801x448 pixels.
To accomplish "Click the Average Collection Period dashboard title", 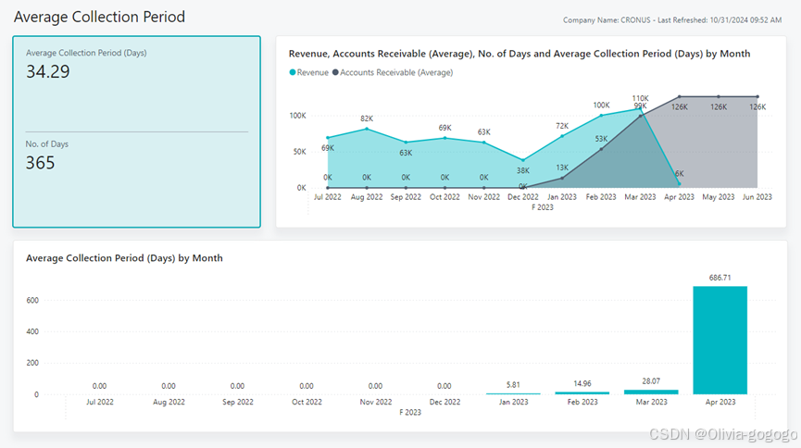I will coord(99,17).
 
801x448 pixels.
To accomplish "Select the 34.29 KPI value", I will coord(48,71).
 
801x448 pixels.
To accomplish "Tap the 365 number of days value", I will coord(41,163).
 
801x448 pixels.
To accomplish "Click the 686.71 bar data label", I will coord(720,278).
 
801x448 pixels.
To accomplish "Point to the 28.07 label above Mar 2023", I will coord(650,380).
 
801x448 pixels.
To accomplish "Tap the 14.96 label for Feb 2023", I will coord(582,383).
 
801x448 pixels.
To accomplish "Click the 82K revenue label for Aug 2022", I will coord(367,118).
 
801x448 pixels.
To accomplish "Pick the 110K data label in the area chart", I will coord(640,98).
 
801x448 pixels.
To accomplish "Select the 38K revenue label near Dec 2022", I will coord(523,170).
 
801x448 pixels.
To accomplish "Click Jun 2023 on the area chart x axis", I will coord(758,197).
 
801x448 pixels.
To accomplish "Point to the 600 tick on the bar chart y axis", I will coord(32,300).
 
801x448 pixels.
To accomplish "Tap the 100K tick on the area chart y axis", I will coord(297,116).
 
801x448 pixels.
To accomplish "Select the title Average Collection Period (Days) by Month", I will coord(124,258).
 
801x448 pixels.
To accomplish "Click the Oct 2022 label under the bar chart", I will coord(307,403).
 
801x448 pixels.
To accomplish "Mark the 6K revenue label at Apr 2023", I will coord(679,173).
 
